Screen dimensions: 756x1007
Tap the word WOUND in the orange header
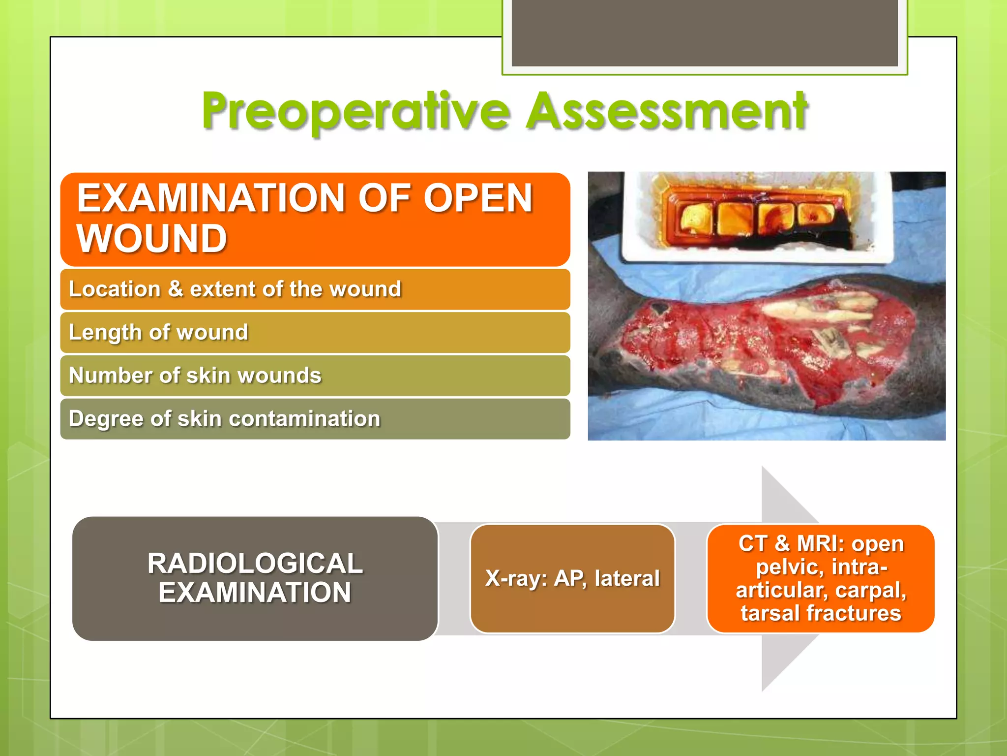click(x=152, y=239)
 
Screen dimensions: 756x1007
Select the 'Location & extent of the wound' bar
click(x=315, y=289)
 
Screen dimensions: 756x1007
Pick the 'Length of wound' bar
click(x=315, y=333)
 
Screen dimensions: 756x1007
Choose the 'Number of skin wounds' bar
click(x=315, y=376)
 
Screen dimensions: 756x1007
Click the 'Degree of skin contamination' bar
click(x=315, y=419)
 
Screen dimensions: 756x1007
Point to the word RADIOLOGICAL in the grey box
click(x=255, y=564)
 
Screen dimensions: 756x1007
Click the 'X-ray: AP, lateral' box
click(x=572, y=578)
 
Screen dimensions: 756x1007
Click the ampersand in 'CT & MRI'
click(x=782, y=544)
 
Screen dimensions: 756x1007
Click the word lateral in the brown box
click(x=627, y=578)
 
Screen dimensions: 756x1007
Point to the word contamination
click(x=304, y=419)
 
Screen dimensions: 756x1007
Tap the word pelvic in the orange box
click(x=784, y=567)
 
